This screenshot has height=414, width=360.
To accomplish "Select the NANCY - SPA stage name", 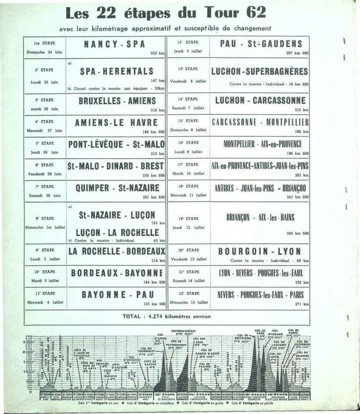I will pos(116,44).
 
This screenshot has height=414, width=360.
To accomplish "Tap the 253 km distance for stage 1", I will pos(157,53).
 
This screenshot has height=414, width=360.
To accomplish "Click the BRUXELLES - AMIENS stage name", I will pos(116,101).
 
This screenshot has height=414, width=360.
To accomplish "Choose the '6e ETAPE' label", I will pos(44,165).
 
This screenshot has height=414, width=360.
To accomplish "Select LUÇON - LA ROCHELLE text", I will pos(116,233).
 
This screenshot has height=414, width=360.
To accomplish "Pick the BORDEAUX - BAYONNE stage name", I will pos(117,273).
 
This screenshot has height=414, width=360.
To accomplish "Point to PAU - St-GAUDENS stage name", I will pos(261,44).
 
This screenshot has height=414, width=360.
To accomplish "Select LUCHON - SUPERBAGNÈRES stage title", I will pos(259,71).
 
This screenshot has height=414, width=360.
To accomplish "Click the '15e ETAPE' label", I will pos(188,121).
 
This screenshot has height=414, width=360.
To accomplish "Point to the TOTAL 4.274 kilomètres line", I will pos(166,317).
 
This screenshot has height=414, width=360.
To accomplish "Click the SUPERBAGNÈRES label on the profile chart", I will pos(183,331).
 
